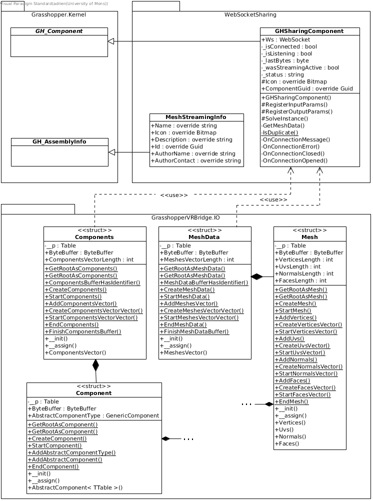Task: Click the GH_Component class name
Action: coord(59,31)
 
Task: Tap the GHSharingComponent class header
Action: coord(309,31)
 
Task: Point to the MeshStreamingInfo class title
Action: coord(196,117)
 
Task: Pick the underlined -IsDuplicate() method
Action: coord(279,132)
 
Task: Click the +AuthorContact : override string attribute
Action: coord(196,160)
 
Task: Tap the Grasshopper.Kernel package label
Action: coord(58,15)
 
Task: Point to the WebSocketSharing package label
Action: coord(250,15)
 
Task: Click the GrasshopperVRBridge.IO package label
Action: coord(185,218)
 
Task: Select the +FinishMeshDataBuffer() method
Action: coord(194,331)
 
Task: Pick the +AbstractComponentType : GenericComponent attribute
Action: coord(93,415)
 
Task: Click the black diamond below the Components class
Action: coord(95,366)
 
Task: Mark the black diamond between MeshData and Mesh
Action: coord(256,276)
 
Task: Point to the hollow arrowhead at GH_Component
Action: coord(112,41)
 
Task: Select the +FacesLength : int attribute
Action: coord(300,280)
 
